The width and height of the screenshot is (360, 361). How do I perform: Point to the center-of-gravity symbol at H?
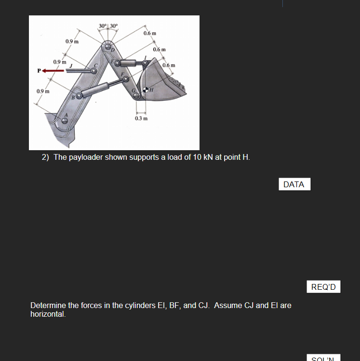pos(146,90)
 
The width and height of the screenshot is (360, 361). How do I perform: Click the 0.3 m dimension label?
pos(141,118)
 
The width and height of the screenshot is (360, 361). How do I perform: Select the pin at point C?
pos(94,70)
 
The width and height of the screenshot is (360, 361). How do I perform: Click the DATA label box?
pos(294,184)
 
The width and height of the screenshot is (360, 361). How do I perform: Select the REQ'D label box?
pos(323,287)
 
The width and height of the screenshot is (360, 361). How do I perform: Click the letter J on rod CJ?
pos(71,65)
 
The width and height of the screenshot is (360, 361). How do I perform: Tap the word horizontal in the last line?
pos(47,314)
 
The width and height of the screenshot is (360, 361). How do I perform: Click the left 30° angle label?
pos(103,25)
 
